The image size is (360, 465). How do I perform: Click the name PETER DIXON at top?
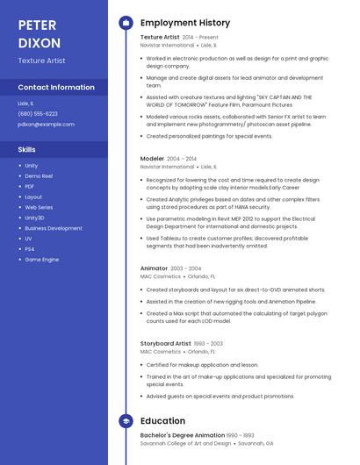point(40,32)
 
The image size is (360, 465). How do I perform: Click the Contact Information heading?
point(56,87)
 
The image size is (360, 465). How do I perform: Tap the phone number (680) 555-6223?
point(38,114)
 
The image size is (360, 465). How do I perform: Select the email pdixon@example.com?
point(46,125)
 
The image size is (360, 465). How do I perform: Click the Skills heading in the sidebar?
point(27,149)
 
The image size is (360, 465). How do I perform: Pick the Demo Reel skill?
point(39,175)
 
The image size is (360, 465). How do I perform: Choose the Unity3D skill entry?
point(34,218)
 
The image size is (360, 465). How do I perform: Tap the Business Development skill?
point(54,228)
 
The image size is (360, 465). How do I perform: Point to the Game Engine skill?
point(42,260)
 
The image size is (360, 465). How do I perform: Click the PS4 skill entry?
point(30,249)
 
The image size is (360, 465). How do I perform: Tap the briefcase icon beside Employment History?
point(125,23)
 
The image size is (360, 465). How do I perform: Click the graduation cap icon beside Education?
point(125,421)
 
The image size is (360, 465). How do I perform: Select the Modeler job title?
point(152,159)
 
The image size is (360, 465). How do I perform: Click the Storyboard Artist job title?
point(165,344)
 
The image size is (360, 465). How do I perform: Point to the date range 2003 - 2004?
point(186,268)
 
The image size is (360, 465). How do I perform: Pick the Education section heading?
point(162,421)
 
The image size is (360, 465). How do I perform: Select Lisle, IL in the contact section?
point(26,104)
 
